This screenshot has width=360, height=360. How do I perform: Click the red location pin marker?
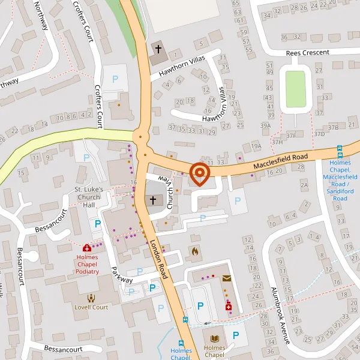(199, 174)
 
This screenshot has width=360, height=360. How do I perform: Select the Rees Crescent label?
(308, 53)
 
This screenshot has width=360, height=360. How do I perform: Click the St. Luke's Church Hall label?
(89, 197)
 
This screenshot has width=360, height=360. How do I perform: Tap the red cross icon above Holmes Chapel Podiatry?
(87, 247)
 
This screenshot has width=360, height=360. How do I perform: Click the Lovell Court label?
(91, 307)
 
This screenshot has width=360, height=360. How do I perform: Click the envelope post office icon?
(227, 278)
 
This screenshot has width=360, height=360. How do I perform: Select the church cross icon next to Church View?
(153, 200)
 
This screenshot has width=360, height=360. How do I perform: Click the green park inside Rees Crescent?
(295, 89)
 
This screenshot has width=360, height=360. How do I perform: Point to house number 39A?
(265, 125)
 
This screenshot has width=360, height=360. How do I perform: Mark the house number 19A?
(257, 146)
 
